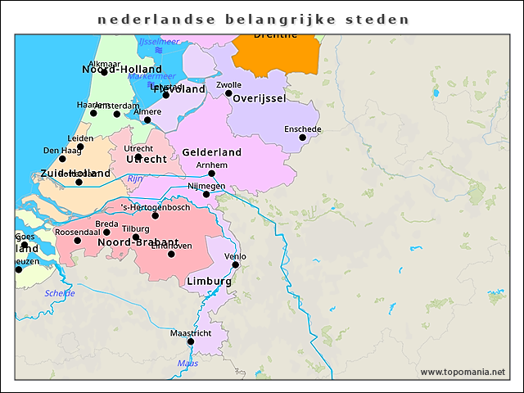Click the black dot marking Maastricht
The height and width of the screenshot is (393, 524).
pyautogui.click(x=191, y=341)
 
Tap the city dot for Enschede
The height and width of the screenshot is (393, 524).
pyautogui.click(x=302, y=138)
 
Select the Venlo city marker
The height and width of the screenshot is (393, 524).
pyautogui.click(x=235, y=264)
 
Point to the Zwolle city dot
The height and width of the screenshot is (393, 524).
pyautogui.click(x=228, y=93)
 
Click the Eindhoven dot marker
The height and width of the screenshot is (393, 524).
pyautogui.click(x=171, y=254)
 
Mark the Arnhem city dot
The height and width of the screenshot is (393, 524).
pyautogui.click(x=211, y=174)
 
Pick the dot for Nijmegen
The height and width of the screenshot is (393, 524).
pyautogui.click(x=206, y=194)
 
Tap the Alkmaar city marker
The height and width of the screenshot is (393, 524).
pyautogui.click(x=104, y=72)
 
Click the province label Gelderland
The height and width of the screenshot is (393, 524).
pyautogui.click(x=211, y=152)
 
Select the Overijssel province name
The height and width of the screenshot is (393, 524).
pyautogui.click(x=259, y=98)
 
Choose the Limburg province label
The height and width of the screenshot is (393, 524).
pyautogui.click(x=209, y=281)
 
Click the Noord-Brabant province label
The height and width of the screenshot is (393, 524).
pyautogui.click(x=138, y=242)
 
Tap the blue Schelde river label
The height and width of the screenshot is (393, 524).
pyautogui.click(x=60, y=293)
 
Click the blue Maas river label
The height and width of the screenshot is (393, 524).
pyautogui.click(x=187, y=363)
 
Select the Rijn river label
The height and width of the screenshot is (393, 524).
pyautogui.click(x=135, y=178)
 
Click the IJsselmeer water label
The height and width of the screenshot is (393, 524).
pyautogui.click(x=159, y=41)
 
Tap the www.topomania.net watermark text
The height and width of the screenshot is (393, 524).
pyautogui.click(x=462, y=372)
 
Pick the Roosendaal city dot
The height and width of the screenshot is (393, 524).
pyautogui.click(x=78, y=241)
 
